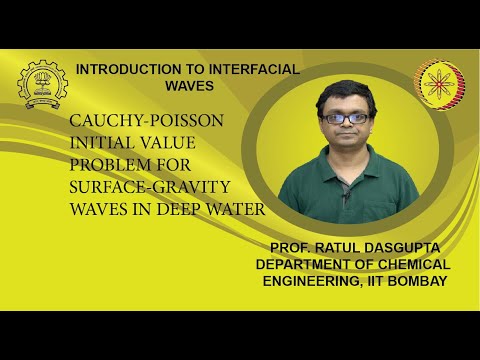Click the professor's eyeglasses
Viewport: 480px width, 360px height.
347,118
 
